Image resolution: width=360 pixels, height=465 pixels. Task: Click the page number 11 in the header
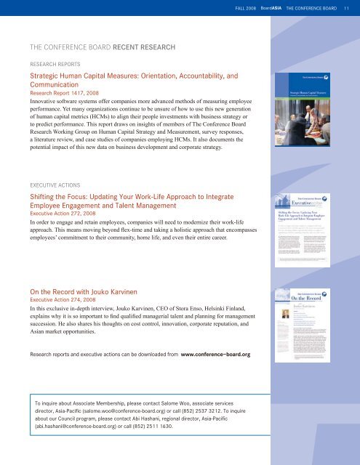tap(348, 8)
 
